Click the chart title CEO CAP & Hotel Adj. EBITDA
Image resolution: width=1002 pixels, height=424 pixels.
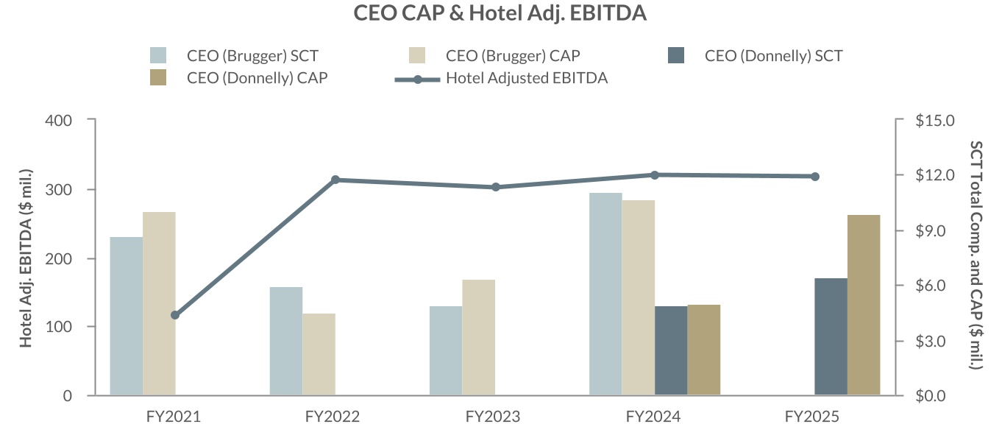pos(500,13)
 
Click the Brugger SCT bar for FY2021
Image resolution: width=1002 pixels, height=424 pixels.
pos(126,316)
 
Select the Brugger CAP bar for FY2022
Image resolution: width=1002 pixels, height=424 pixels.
pos(319,354)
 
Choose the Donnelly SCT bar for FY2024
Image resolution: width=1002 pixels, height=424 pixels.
pos(671,350)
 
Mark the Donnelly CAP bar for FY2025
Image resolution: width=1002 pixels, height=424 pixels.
pos(864,305)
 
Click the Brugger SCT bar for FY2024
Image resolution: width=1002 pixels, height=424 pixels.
pos(605,294)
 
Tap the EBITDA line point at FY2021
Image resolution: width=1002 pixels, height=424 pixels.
pos(175,315)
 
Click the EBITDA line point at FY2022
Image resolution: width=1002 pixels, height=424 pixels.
pos(335,180)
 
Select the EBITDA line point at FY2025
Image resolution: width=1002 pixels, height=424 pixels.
pos(815,176)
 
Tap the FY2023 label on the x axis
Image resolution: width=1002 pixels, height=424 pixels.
pos(493,417)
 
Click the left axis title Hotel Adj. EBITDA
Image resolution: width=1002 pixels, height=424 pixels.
pos(26,258)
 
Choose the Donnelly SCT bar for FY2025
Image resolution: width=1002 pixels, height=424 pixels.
pos(831,336)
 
